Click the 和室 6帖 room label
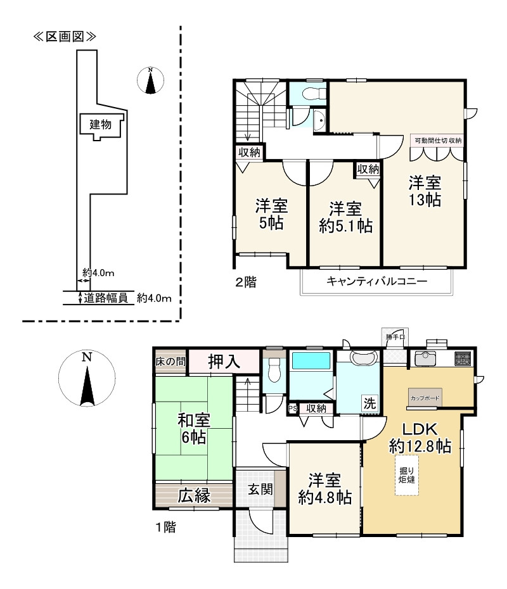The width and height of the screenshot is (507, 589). pos(193,429)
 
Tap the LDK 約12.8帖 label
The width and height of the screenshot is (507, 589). pos(420,438)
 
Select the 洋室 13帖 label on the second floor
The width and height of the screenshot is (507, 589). pos(425,191)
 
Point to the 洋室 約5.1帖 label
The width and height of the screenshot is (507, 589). pos(345,217)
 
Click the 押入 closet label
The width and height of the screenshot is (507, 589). pos(224,362)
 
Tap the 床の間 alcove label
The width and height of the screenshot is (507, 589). pos(170,362)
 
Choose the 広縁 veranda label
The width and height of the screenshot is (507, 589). pos(194,495)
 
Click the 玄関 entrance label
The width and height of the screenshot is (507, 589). pos(260,489)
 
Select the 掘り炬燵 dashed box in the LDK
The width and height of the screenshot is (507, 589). pos(407,475)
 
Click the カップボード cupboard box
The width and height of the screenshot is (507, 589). pos(425,397)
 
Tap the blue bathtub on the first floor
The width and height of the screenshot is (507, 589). pos(311,360)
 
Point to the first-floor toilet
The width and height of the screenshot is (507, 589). pos(274,370)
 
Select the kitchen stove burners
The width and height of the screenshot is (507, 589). pos(463,358)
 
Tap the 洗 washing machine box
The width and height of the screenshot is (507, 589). pos(369,403)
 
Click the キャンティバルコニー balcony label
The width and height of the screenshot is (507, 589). pos(376,281)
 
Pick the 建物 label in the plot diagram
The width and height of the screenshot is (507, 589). pos(100,124)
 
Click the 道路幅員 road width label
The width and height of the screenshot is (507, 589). pos(106,298)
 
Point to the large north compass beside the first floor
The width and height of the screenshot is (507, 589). pos(87,379)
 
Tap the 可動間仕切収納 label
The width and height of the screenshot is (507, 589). pos(438,141)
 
